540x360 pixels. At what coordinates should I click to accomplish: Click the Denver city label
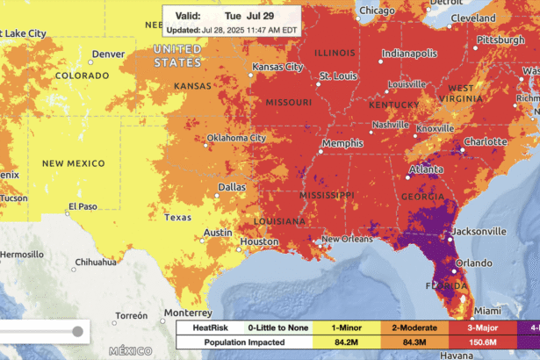109,54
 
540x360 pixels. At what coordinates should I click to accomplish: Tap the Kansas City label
277,67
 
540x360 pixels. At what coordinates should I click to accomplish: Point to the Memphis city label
342,143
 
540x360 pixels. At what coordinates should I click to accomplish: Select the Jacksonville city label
479,232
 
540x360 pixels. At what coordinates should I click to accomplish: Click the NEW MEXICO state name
74,163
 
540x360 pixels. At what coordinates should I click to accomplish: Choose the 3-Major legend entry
475,326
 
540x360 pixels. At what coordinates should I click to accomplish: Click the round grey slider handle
78,331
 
